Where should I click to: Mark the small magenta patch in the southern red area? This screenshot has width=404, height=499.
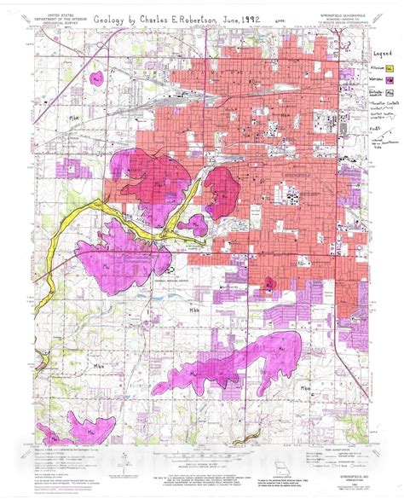pos(271,282)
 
